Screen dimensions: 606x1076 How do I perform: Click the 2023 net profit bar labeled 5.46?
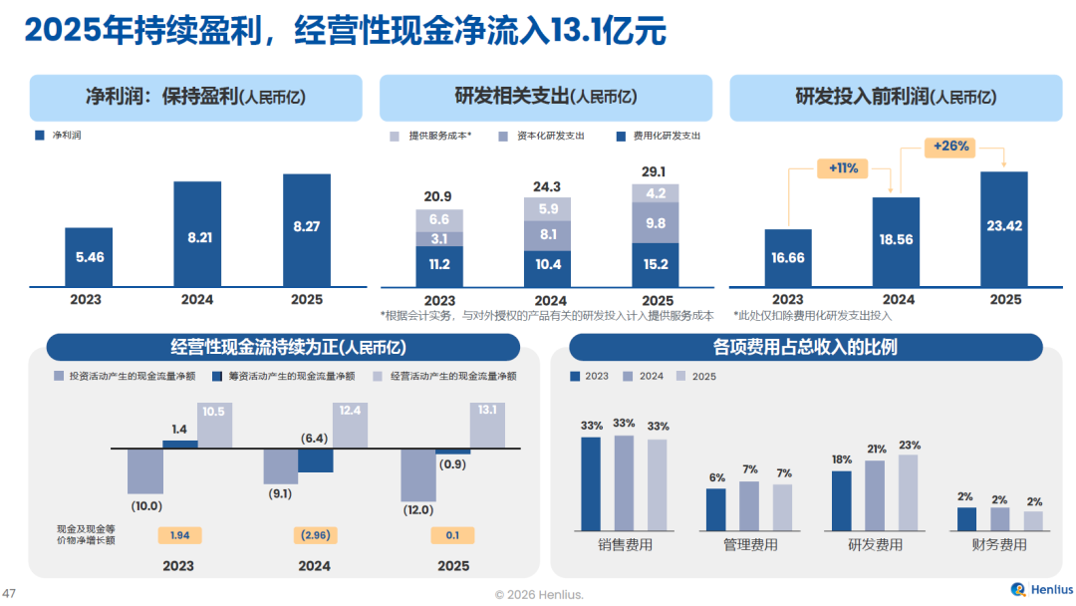(x=89, y=257)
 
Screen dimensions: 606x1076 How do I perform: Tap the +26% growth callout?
(x=950, y=147)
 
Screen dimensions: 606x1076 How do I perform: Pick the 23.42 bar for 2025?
(x=1004, y=230)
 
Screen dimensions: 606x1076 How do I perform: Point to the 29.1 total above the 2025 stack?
(x=655, y=171)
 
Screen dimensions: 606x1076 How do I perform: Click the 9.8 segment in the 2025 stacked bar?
(x=655, y=223)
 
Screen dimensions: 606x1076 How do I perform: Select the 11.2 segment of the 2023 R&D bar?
(x=439, y=266)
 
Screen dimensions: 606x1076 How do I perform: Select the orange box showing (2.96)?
(x=314, y=535)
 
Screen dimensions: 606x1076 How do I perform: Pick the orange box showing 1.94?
(x=179, y=535)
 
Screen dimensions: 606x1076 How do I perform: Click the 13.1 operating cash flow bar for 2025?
(x=487, y=425)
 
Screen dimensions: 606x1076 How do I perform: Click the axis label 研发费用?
(x=875, y=545)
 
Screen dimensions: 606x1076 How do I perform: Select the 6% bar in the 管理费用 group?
(x=716, y=508)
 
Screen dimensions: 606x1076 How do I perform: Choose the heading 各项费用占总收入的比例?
(x=805, y=347)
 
